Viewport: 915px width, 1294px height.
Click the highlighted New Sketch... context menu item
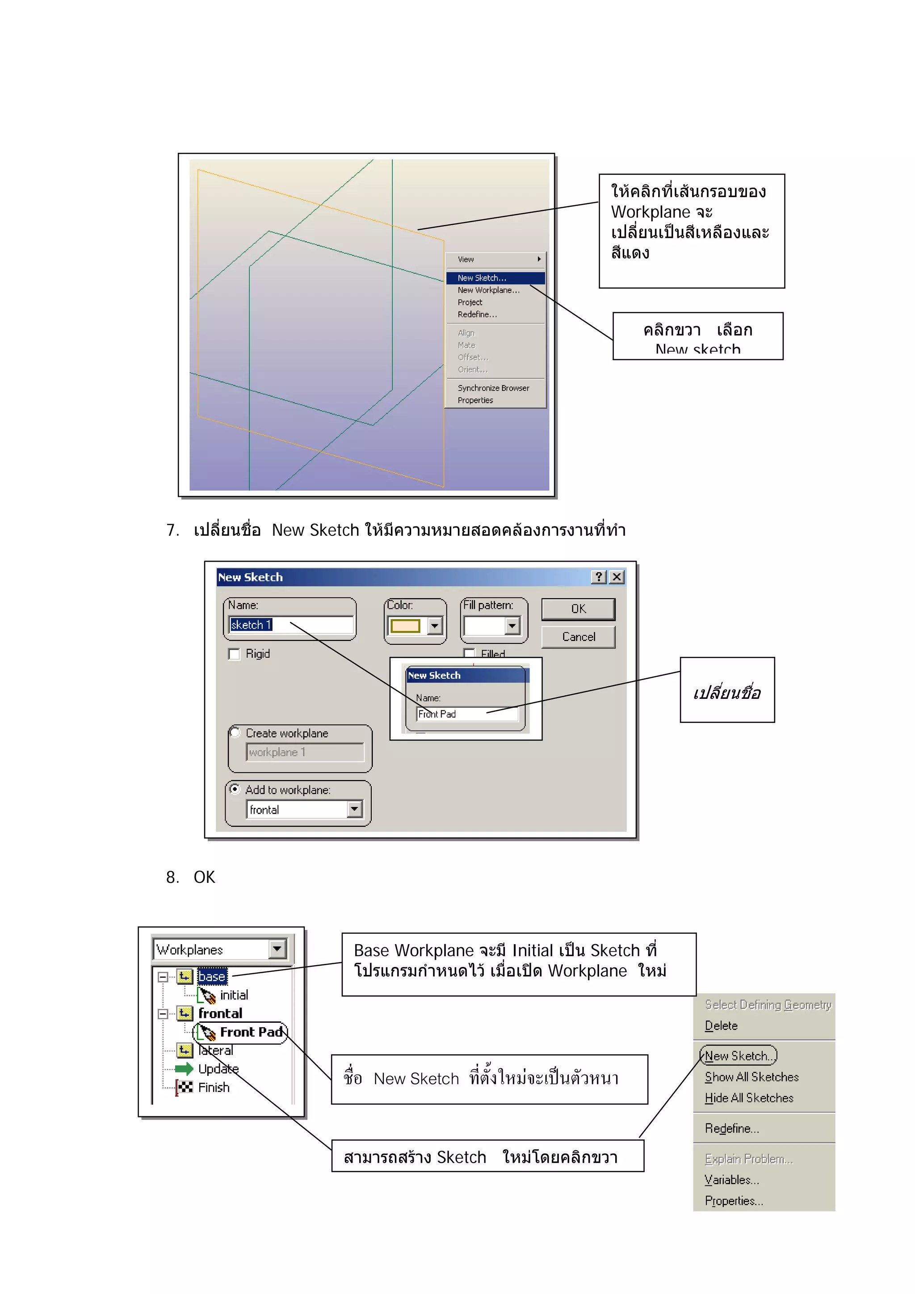point(482,278)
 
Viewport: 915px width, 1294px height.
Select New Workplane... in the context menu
point(488,290)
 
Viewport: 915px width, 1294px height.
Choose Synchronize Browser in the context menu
point(493,388)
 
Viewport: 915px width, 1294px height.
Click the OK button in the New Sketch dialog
point(578,609)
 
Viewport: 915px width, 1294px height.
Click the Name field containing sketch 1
point(291,625)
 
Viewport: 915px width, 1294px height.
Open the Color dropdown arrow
point(434,626)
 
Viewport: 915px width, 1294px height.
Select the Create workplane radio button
point(235,733)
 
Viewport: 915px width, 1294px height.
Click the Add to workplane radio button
point(235,789)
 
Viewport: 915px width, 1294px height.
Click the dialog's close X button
point(617,577)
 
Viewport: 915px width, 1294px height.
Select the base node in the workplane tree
point(212,977)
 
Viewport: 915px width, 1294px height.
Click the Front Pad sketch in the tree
point(251,1032)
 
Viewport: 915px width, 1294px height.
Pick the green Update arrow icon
point(184,1069)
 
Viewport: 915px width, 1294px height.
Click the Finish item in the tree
point(214,1087)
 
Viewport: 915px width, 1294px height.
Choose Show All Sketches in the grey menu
point(751,1077)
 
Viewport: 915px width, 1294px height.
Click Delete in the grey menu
point(721,1026)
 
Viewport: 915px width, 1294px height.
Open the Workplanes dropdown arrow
point(277,949)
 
